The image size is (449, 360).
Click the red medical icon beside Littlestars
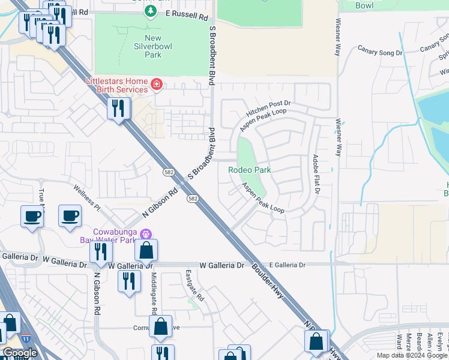point(156,84)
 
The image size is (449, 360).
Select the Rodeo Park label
point(249,170)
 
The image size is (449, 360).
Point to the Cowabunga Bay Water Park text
point(114,236)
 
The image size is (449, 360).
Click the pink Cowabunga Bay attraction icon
point(145,233)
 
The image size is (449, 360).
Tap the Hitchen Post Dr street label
point(268,109)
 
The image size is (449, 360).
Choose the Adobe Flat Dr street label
point(315,174)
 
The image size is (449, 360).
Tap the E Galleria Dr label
point(287,265)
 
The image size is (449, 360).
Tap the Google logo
point(20,353)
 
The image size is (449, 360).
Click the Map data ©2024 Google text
point(412,355)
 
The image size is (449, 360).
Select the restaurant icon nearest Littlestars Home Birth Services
point(118,109)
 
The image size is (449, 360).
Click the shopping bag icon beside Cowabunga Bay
point(146,250)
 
